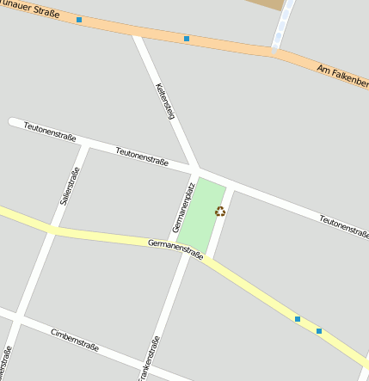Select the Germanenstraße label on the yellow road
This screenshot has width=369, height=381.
click(x=175, y=249)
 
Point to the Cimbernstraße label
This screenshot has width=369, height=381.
click(x=75, y=340)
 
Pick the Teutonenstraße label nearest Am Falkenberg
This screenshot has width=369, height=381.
click(x=343, y=226)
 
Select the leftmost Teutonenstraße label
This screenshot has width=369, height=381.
click(x=50, y=132)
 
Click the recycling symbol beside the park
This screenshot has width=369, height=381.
click(x=220, y=212)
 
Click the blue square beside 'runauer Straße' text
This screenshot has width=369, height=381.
click(x=79, y=19)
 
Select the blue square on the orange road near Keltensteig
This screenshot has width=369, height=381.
click(x=187, y=39)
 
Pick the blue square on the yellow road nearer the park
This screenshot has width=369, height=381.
click(x=298, y=319)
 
